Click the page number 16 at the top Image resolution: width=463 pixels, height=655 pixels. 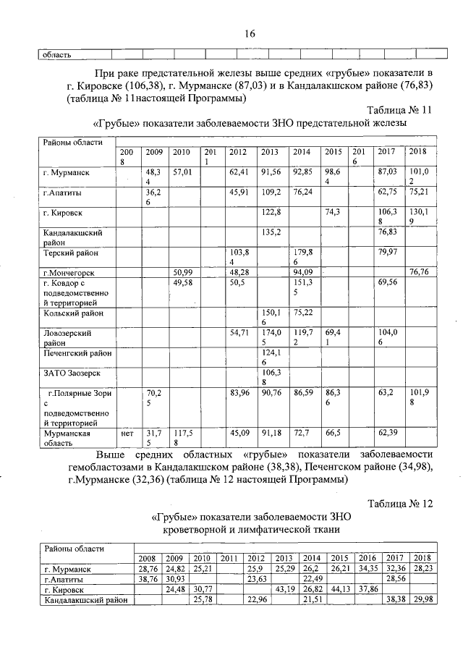click(250, 33)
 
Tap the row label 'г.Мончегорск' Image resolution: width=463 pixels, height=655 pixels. click(71, 272)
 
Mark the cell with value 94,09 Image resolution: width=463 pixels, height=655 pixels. click(302, 272)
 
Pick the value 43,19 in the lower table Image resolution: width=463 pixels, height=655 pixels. click(283, 590)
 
